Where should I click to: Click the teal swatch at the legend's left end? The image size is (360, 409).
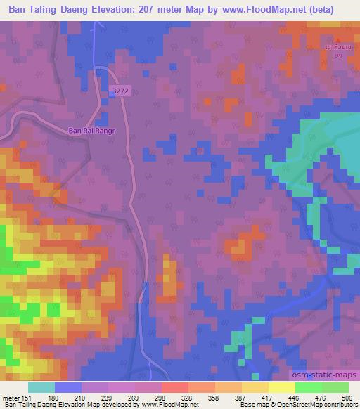click(41, 387)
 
